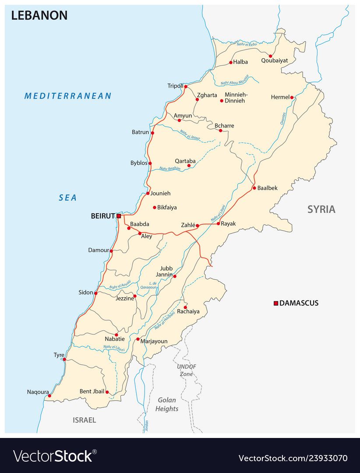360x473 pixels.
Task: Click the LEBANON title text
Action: point(39,15)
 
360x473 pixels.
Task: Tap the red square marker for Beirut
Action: point(119,216)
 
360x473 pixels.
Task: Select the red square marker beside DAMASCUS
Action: point(276,303)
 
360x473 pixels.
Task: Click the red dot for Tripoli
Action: point(186,87)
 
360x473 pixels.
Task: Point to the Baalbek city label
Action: point(268,188)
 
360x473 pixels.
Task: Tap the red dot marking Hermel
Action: point(292,97)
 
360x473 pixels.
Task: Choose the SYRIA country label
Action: point(321,209)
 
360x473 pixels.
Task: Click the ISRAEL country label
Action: point(84,420)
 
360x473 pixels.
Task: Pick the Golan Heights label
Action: point(167,404)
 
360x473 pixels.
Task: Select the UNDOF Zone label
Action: point(187,370)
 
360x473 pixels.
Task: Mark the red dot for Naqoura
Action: point(49,396)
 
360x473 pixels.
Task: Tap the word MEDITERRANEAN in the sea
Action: point(68,96)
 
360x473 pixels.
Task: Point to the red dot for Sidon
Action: point(95,293)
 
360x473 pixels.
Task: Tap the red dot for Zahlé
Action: point(198,226)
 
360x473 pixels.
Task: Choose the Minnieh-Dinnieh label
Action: point(236,98)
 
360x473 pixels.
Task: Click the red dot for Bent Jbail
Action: point(107,392)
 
